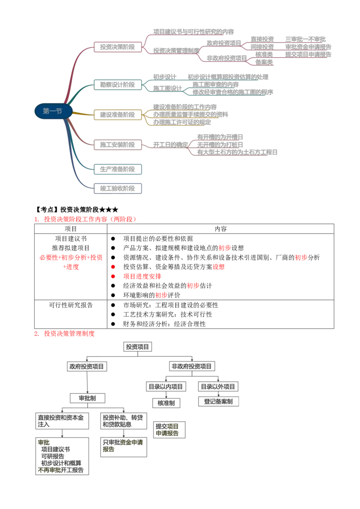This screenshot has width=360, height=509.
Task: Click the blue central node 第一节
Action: click(52, 112)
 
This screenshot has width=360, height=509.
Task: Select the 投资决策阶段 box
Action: click(117, 46)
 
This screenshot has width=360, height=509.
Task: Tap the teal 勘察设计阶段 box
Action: click(117, 85)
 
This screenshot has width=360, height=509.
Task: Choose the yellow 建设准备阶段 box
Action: click(117, 115)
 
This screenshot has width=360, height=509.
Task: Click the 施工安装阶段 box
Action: click(117, 145)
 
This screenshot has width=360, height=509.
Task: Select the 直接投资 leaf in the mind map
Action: click(261, 39)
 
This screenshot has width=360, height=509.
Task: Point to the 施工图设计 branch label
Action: click(167, 88)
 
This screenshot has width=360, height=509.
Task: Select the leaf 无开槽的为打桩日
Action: click(220, 144)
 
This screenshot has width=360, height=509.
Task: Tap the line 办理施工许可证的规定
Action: click(182, 122)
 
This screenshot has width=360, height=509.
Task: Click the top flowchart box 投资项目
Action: click(137, 347)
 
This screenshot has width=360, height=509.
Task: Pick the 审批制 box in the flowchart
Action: click(87, 398)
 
